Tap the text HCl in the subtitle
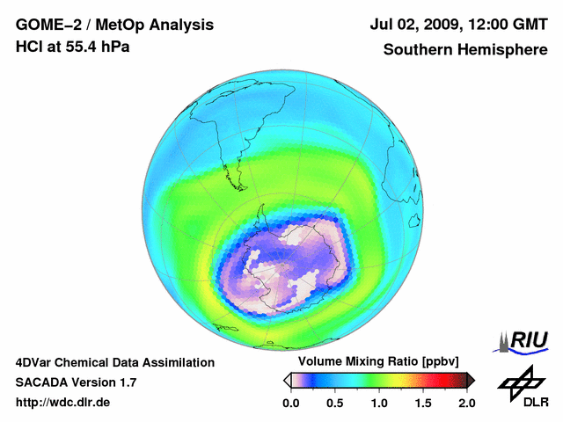[x=29, y=47]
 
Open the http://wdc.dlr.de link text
[x=63, y=403]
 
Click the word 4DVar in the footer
[x=35, y=362]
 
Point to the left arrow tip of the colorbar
[x=287, y=380]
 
